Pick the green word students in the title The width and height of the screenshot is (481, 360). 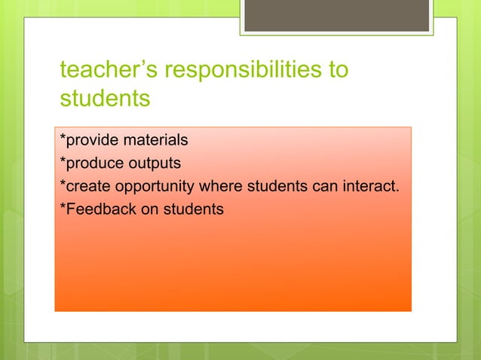point(105,98)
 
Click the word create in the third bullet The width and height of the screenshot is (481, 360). point(85,186)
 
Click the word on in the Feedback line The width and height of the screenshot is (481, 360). point(150,209)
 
